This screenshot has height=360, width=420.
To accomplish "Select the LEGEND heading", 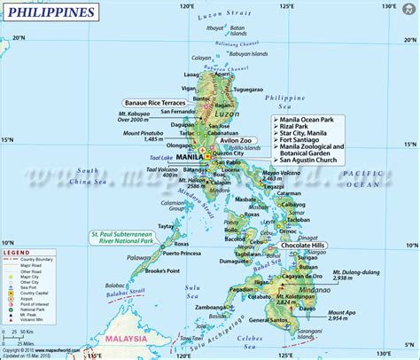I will pyautogui.click(x=19, y=253).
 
